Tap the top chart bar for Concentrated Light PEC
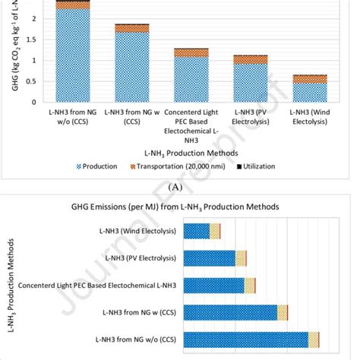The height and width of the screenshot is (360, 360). (x=191, y=79)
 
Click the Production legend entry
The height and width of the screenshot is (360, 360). (x=96, y=166)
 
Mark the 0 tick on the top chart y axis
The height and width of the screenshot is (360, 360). (x=33, y=102)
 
